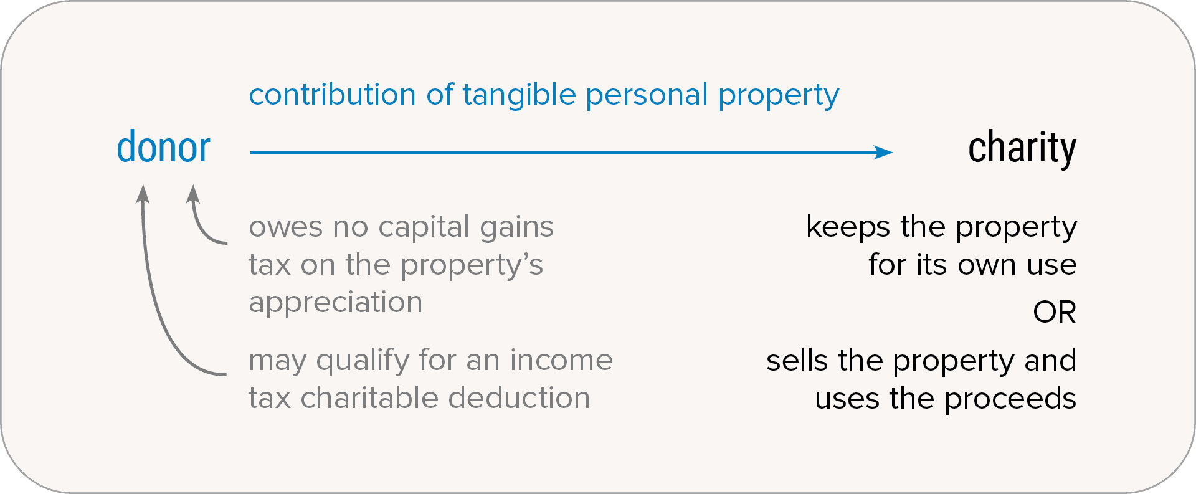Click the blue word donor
[x=164, y=147]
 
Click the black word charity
[x=1022, y=148]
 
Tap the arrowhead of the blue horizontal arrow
[x=883, y=152]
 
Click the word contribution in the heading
[x=332, y=95]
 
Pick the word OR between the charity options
[x=1055, y=312]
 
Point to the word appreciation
[x=336, y=303]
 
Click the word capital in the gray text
[x=423, y=227]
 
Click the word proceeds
[x=1010, y=399]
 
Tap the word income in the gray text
[x=561, y=360]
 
